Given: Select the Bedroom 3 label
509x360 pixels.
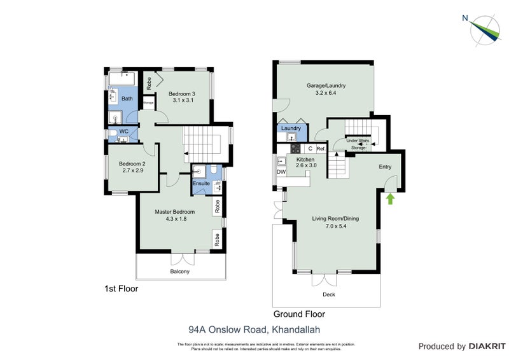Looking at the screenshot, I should coord(181,97).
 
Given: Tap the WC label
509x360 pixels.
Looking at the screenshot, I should coord(124,131).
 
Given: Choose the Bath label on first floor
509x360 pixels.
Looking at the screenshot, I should coord(127,99).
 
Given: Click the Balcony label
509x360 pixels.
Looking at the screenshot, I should coord(179,272).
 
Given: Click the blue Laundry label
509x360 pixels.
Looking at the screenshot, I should coord(291,128).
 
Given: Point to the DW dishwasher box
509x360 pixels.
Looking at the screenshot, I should coord(281,172).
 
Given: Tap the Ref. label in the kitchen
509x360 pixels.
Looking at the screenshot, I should coord(321,149).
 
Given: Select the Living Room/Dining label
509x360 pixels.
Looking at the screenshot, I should coord(335,219).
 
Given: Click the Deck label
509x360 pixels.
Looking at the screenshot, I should coord(328,294).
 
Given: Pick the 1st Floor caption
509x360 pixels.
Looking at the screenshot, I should coord(121,289).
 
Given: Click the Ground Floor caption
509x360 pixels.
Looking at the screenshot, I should coord(299,314).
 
